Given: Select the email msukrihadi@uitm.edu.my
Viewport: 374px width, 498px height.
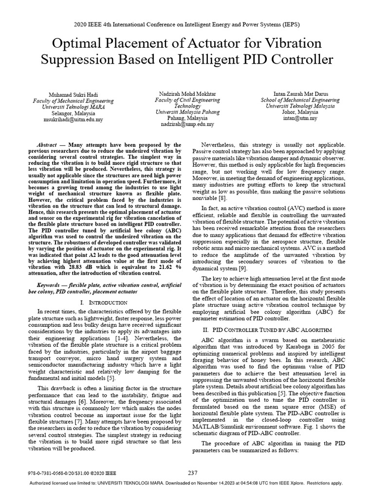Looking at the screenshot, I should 73,118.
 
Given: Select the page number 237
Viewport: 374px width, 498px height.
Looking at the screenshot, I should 192,472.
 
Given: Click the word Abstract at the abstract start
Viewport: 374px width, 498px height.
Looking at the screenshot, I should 50,145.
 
